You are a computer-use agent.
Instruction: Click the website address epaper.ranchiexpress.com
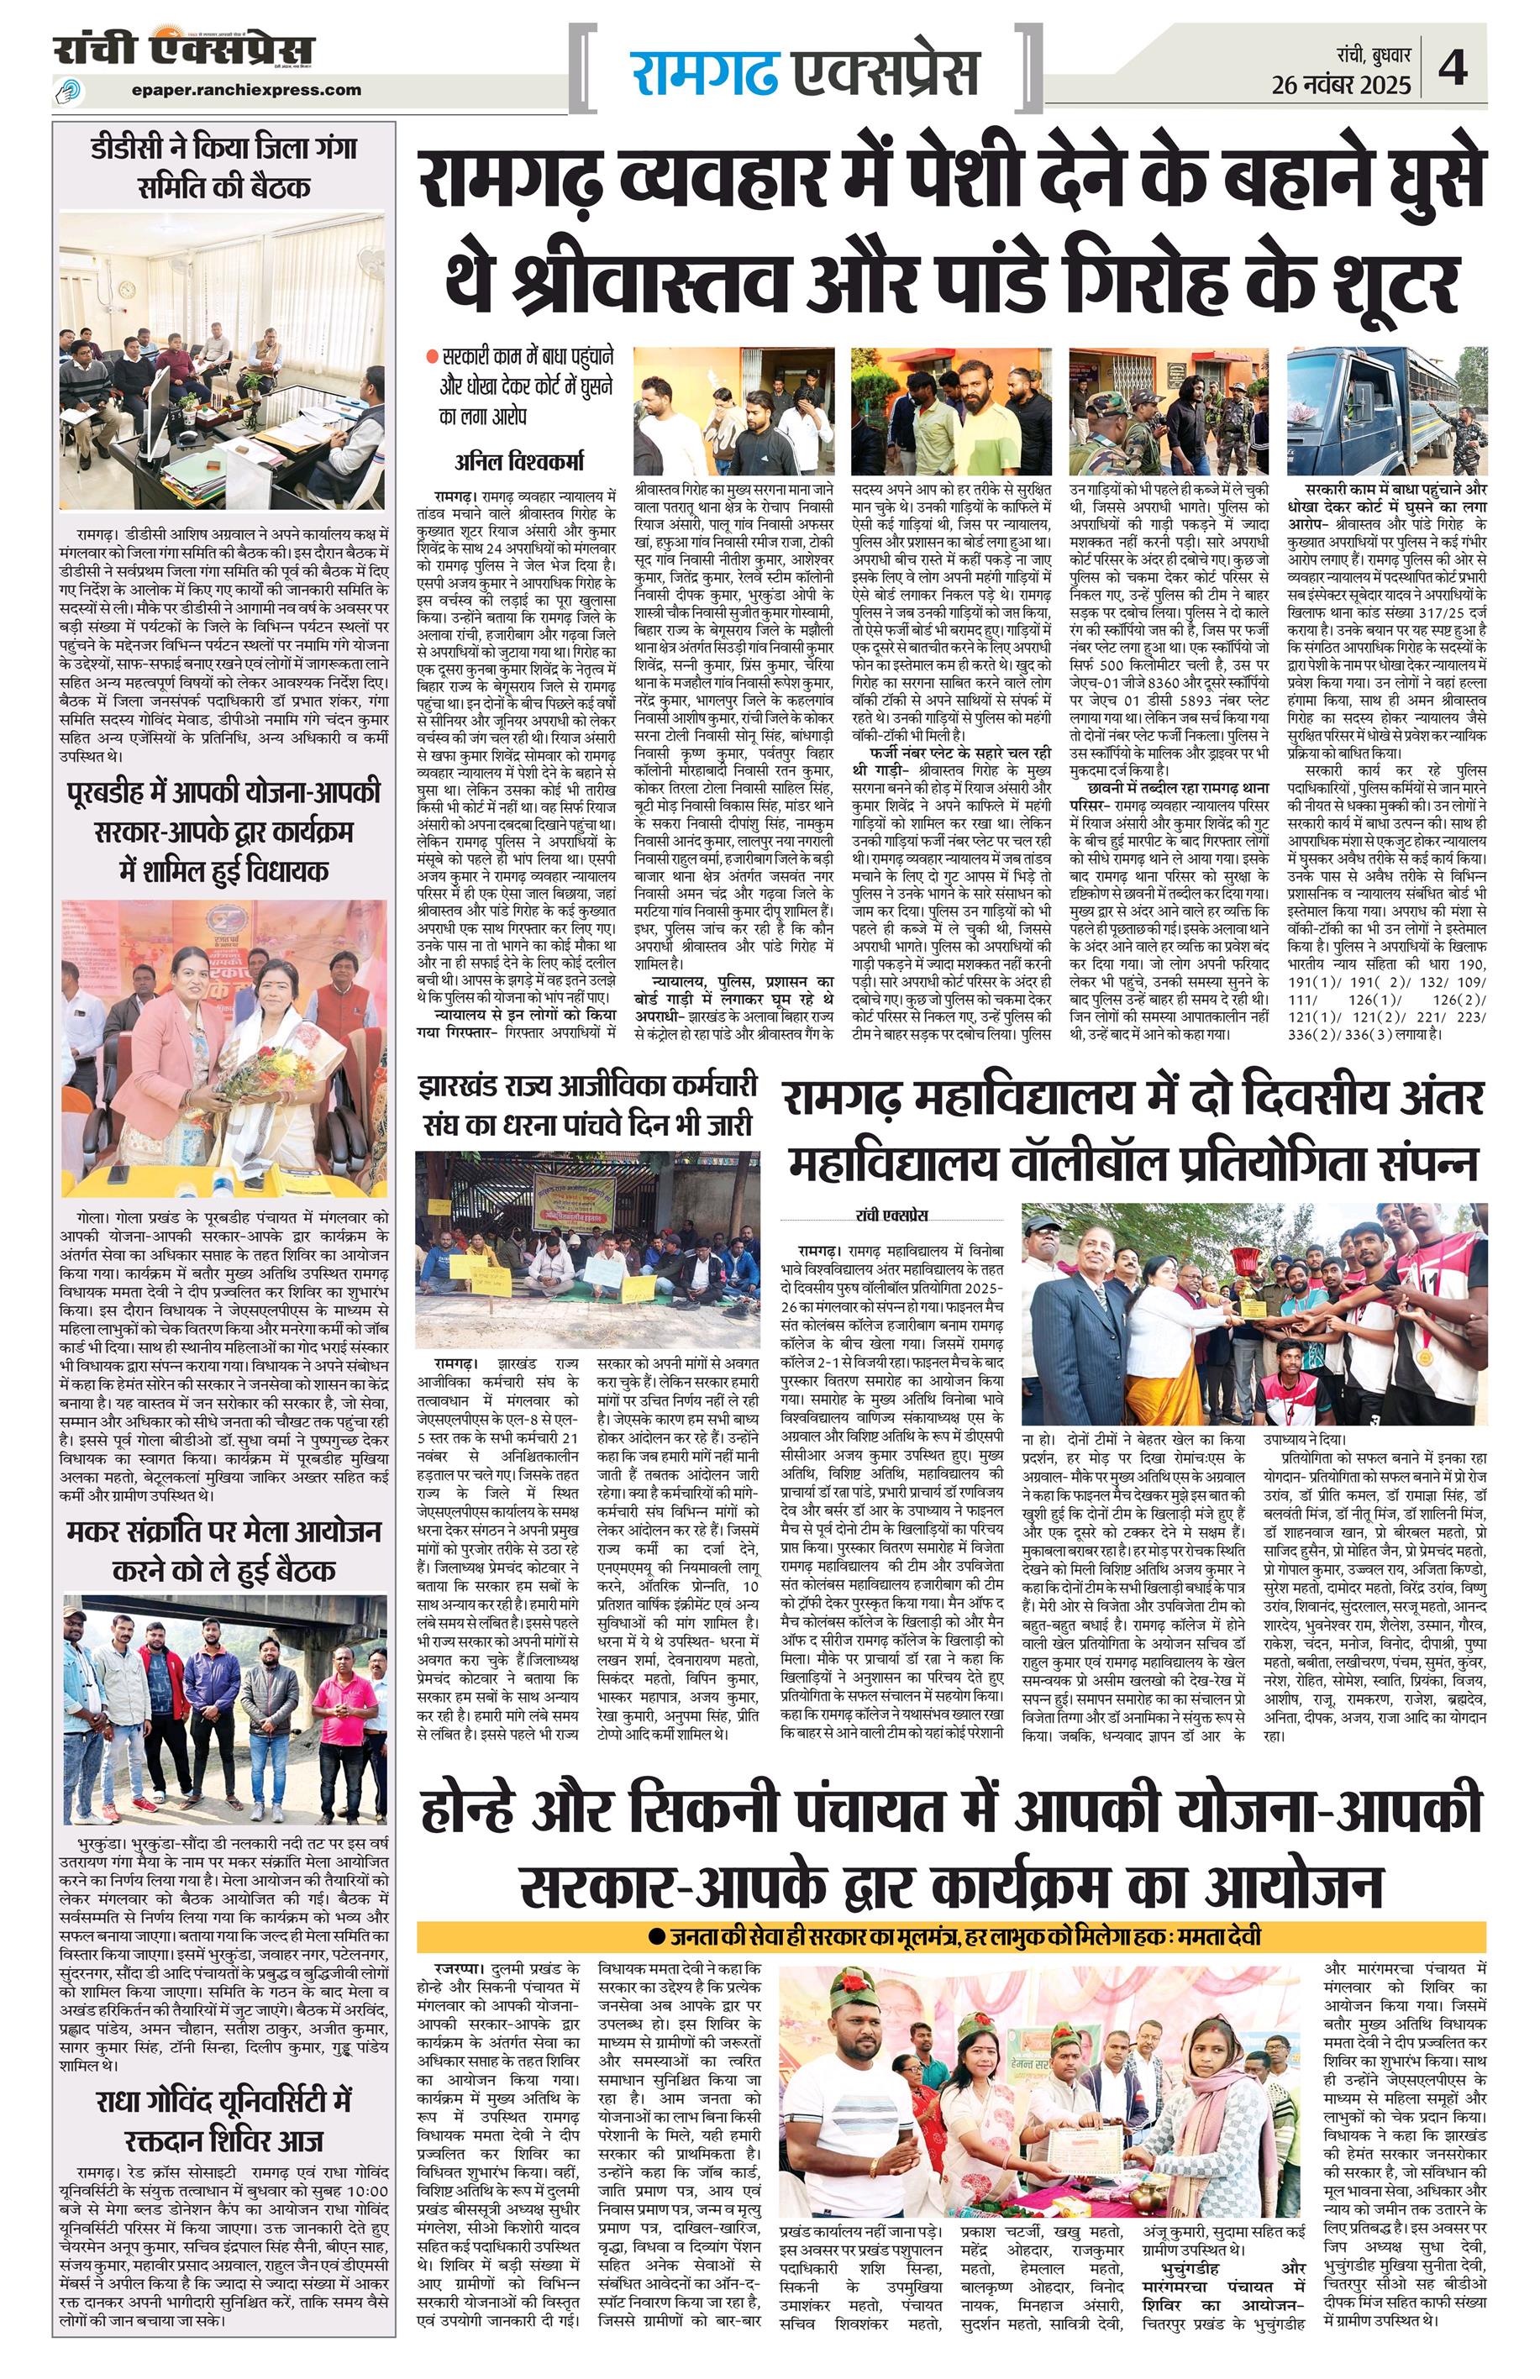pyautogui.click(x=246, y=89)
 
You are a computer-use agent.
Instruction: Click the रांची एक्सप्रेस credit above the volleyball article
pyautogui.click(x=892, y=1216)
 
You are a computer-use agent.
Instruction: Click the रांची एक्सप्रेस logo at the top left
pyautogui.click(x=185, y=50)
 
